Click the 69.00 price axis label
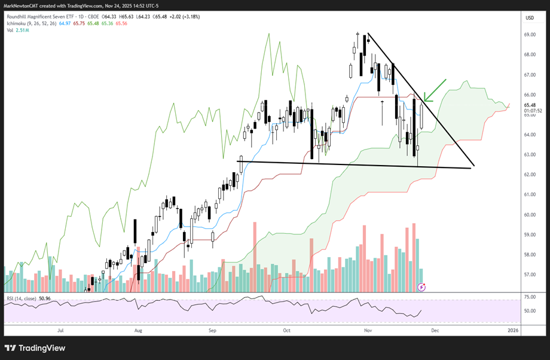(529, 35)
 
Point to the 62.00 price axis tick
(529, 175)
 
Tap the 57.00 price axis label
(529, 274)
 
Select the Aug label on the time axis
(138, 330)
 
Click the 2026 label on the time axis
(512, 330)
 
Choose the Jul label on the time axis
(60, 330)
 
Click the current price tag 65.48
(529, 105)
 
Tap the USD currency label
(529, 18)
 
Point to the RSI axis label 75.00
(529, 297)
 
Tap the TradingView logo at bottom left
(36, 348)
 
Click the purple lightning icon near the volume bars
(421, 287)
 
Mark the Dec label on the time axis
(435, 330)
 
